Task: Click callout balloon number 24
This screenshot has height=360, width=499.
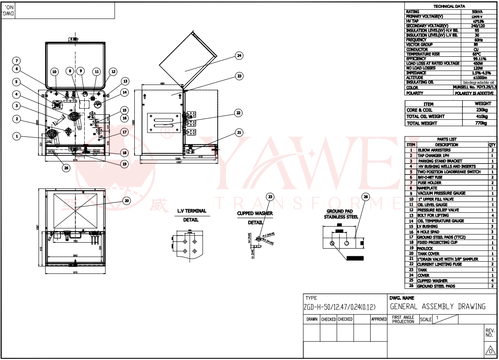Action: [x=240, y=55]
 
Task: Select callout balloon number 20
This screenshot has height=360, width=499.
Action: [x=126, y=201]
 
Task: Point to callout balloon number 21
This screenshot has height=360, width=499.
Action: [x=239, y=133]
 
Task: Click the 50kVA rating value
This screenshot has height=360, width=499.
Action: [x=477, y=12]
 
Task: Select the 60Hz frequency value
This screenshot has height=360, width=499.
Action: [x=477, y=40]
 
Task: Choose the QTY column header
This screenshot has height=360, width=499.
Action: [x=492, y=144]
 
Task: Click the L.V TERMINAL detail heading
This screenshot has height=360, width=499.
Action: [x=192, y=211]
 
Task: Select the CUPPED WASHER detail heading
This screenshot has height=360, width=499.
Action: [x=255, y=213]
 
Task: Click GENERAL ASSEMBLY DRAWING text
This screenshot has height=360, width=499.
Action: [x=438, y=307]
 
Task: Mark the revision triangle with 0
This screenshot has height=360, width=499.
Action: [x=490, y=351]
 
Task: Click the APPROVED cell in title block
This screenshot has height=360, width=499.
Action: [x=379, y=319]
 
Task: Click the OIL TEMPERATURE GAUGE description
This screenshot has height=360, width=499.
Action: [x=440, y=221]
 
